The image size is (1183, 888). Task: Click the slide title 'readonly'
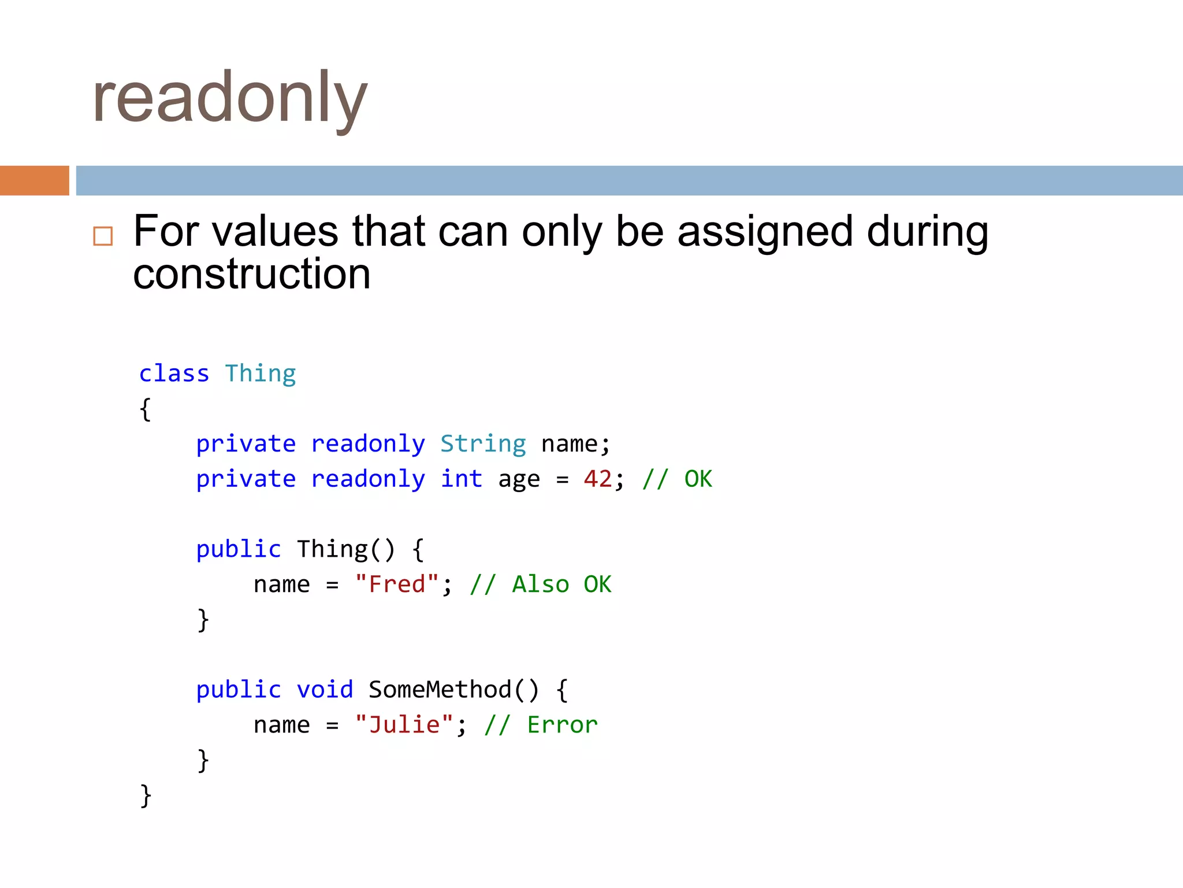tap(229, 98)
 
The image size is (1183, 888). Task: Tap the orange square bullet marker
tap(103, 236)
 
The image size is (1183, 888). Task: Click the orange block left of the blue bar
tap(35, 180)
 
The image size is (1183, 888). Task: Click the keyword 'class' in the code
tap(174, 373)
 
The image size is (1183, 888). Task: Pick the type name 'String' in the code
tap(483, 444)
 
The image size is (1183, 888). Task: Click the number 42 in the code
tap(597, 479)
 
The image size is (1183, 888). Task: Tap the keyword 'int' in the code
tap(461, 479)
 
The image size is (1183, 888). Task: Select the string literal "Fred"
tap(397, 584)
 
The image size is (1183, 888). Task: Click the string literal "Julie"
tap(404, 725)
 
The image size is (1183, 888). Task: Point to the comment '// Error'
tap(541, 725)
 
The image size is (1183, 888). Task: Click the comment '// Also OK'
tap(540, 584)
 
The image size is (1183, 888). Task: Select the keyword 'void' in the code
tap(325, 690)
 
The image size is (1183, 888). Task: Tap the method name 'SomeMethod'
tap(440, 690)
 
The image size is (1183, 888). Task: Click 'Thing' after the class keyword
tap(261, 373)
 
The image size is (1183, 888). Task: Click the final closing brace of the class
tap(146, 795)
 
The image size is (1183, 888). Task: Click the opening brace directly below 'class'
tap(146, 409)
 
